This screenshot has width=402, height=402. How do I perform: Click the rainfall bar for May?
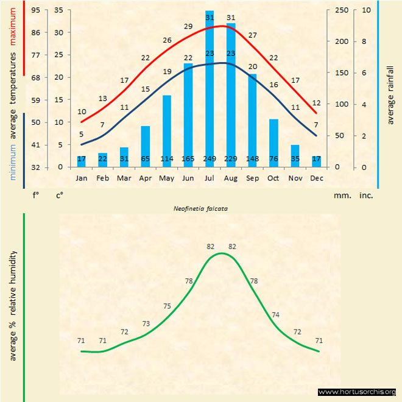tap(166, 128)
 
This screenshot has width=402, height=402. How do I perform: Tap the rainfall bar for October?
tap(273, 140)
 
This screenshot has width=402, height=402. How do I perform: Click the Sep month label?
tap(252, 178)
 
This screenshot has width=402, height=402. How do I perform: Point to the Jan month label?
tap(82, 178)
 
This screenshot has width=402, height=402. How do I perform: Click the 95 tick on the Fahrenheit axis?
tap(36, 10)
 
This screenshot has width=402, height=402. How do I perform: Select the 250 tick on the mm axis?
tap(342, 10)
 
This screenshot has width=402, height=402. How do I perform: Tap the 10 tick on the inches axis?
tap(366, 10)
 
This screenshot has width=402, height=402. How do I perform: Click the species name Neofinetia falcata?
tap(200, 208)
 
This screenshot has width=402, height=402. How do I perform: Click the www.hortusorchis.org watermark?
tap(358, 392)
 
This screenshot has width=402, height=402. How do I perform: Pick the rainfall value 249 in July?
tap(210, 160)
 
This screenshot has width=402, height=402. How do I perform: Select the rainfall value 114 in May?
tap(166, 160)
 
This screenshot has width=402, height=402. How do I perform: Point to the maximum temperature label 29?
tap(188, 27)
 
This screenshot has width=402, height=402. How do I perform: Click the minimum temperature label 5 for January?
tap(81, 134)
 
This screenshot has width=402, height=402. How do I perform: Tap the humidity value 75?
tap(167, 306)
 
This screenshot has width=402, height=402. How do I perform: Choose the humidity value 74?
tap(275, 315)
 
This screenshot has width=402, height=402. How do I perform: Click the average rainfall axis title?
tap(390, 94)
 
